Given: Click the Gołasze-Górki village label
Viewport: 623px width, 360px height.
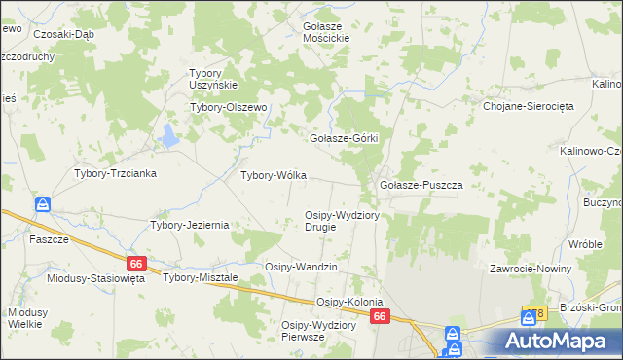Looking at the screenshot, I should click(343, 139).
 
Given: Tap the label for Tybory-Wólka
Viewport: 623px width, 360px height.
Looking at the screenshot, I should click(274, 176).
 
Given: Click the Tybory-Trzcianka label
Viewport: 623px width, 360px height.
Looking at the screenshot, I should click(116, 173).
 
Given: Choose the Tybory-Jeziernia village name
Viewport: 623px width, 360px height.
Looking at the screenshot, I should click(189, 225).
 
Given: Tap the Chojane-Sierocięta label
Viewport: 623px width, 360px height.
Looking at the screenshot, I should click(526, 107).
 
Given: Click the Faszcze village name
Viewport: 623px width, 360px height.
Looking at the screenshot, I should click(49, 239).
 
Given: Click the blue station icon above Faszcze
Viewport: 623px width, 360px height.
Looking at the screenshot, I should click(43, 205).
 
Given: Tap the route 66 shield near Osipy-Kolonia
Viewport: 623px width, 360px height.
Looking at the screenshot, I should click(381, 316).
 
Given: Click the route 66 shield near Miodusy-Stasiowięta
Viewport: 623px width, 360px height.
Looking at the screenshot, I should click(136, 264).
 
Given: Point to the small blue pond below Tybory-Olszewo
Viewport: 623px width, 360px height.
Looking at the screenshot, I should click(170, 135).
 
